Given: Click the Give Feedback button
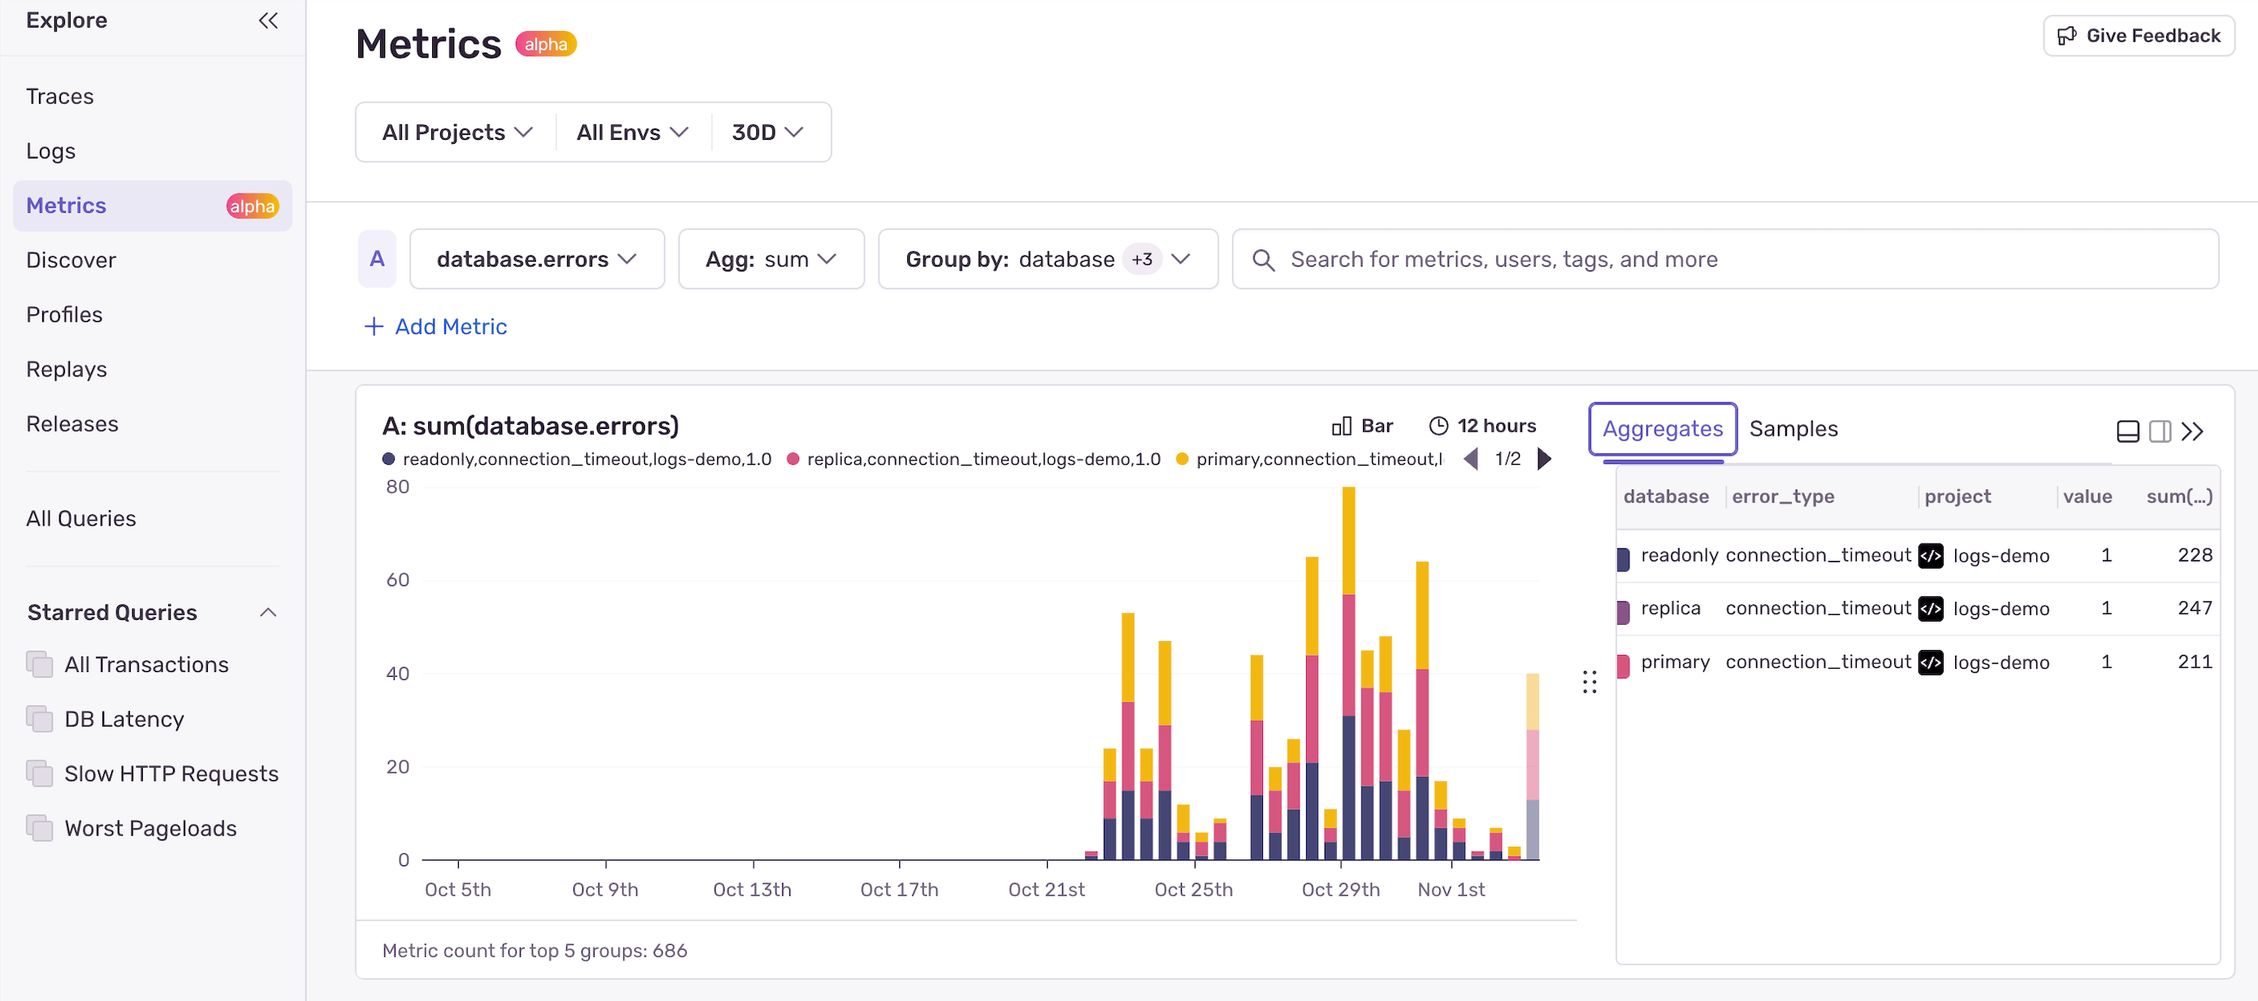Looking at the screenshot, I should coord(2138,36).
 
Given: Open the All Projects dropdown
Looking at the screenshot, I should coord(456,132).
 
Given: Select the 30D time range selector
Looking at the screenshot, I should coord(767,132).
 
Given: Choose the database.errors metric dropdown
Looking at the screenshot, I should coord(535,259).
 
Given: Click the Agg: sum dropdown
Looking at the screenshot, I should coord(771,259).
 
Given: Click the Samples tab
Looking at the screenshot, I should coord(1793,429).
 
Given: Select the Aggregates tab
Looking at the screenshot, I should coord(1662,429).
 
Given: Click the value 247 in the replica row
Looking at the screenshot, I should coord(2194,609).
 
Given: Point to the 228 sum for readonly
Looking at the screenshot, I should coord(2194,555).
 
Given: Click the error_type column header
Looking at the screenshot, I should coord(1782,497).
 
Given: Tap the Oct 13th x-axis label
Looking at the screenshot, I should coord(751,890).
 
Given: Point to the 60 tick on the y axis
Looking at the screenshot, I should coord(398,579).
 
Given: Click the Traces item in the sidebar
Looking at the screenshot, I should coord(59,97).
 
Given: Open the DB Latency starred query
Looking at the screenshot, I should coord(123,720).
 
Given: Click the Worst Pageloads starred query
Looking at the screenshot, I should coord(150,828).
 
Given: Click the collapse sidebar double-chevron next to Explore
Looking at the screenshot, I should coord(268,20).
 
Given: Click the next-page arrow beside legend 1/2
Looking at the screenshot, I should coord(1545,459).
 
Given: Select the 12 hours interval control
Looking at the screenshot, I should coord(1482,426).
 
